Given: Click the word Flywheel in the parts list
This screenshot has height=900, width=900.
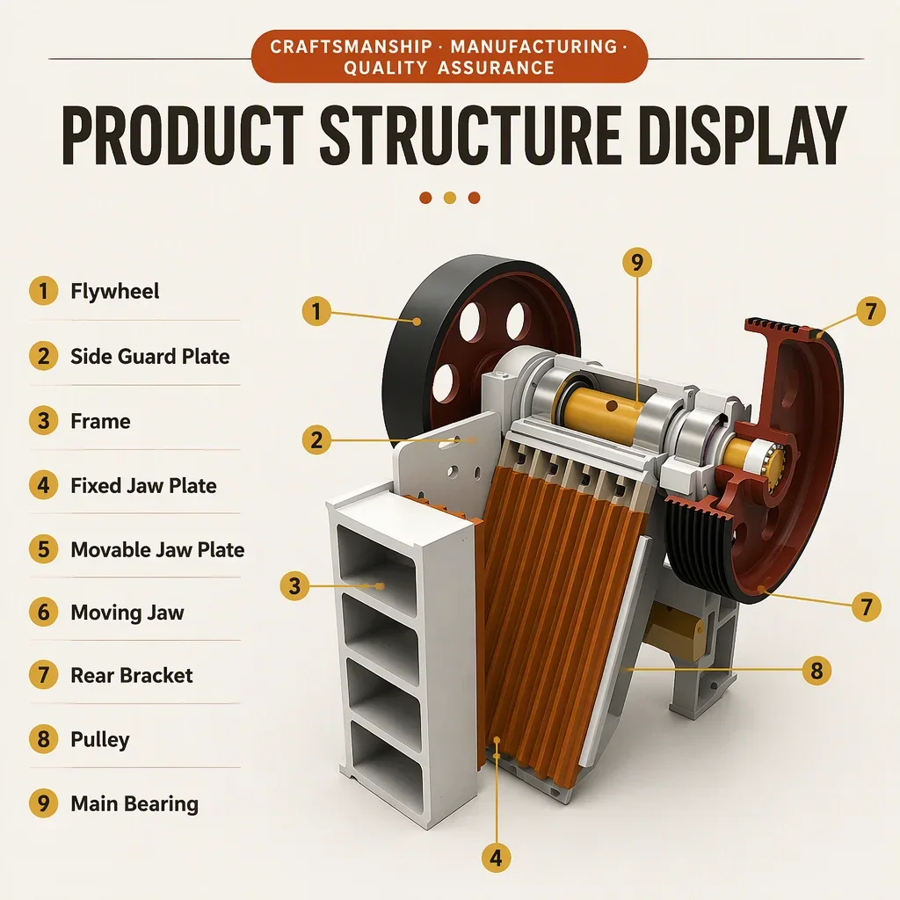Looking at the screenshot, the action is pos(115,291).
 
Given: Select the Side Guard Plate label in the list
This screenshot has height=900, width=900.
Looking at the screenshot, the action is pos(149,357).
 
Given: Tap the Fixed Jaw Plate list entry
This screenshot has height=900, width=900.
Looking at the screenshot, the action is pos(143,485).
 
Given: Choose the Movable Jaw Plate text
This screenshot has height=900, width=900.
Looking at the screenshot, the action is pos(157,550).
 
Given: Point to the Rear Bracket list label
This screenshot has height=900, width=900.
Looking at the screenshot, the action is pos(132,675).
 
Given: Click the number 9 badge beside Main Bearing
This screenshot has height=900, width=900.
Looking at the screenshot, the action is pos(44,803).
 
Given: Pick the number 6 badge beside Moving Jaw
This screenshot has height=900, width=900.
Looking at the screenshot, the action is pos(44,612).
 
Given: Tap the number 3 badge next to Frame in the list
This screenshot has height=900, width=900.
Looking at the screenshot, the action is pos(44,421).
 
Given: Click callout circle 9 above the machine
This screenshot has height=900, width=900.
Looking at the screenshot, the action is pos(637,262).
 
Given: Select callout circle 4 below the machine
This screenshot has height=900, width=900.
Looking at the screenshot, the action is pos(496,858).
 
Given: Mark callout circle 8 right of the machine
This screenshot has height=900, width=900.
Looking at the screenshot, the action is pos(817,671).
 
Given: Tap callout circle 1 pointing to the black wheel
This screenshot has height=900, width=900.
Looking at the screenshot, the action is pos(316,311).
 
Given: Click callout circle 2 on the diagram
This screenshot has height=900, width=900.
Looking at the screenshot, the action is pos(316,440).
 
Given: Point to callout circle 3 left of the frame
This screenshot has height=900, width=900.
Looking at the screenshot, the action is pos(294,586).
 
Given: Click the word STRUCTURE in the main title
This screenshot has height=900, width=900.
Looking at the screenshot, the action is pos(470,135).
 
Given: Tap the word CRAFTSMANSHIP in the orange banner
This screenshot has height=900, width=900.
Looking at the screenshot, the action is pos(352,47).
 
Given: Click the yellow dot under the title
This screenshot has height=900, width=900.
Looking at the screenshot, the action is pos(450,198).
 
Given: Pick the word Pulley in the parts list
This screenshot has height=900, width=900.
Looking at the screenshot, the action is pos(100,739).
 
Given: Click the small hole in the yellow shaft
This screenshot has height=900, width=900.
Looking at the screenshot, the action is pos(612,406).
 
